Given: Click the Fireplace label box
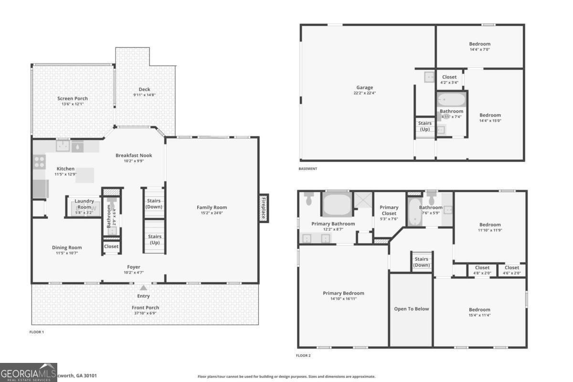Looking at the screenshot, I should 263,208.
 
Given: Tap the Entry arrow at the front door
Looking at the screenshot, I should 143,288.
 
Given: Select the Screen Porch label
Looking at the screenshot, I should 73,98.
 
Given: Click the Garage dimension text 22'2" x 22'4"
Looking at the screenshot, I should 364,93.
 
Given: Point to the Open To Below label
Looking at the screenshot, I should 411,309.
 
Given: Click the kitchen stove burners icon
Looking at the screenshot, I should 39,161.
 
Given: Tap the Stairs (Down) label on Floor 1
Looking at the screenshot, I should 154,204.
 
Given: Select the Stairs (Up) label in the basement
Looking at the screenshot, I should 424,126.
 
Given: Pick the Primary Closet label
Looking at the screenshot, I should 389,210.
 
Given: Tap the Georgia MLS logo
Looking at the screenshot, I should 29,372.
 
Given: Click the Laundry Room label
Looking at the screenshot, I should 84,204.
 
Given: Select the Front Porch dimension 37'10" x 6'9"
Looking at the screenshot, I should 145,313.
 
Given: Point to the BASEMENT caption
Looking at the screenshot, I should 308,169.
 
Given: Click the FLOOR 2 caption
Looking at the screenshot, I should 303,355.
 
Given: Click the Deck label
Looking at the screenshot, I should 144,89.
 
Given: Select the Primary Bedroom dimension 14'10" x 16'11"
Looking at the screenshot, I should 343,299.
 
